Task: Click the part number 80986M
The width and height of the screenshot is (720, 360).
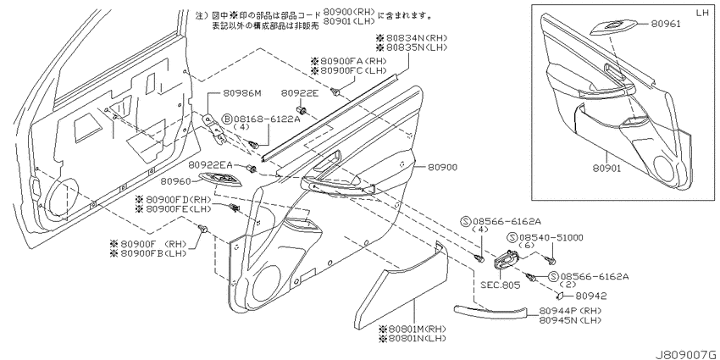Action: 242,94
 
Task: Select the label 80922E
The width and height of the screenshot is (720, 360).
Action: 299,94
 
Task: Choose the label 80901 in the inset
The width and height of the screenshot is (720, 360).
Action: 606,169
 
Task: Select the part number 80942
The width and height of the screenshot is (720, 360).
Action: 591,296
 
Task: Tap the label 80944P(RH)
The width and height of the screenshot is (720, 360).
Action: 570,310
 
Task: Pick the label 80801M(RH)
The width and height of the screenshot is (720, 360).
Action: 412,330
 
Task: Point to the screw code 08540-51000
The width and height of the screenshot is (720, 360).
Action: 551,237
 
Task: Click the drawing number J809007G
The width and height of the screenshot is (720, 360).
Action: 687,354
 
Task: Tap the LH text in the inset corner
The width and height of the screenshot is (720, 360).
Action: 702,13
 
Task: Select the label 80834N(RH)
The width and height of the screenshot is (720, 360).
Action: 412,38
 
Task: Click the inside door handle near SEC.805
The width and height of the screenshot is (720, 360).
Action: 504,260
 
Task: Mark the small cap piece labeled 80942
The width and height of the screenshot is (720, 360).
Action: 562,295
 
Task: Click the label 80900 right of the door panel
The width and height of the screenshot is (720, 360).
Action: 442,168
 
